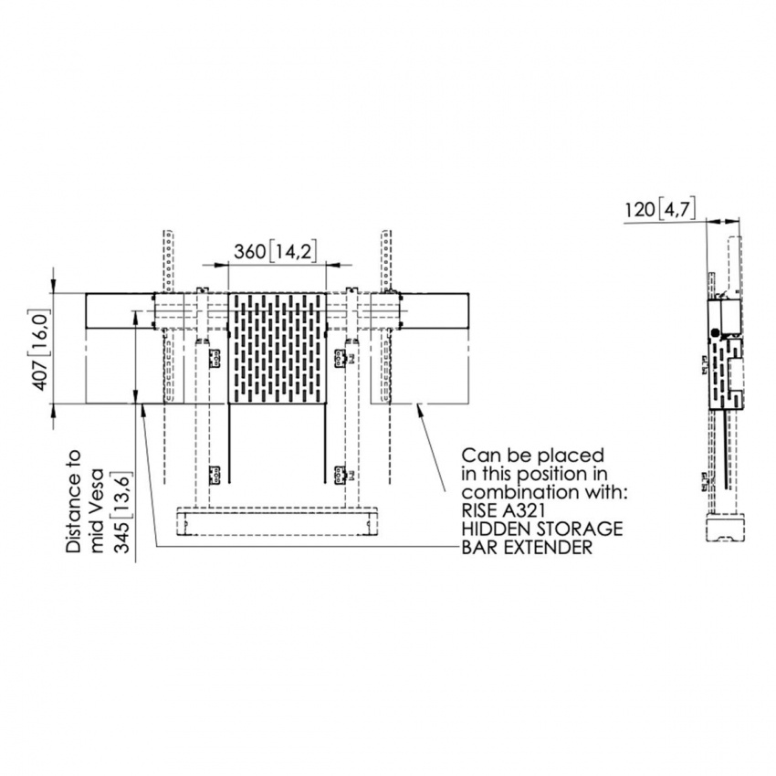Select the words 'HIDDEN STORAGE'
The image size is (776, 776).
542,530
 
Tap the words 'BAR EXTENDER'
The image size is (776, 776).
527,548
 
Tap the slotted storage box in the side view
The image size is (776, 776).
729,374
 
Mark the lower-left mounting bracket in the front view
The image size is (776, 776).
215,474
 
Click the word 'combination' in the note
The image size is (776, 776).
506,492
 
